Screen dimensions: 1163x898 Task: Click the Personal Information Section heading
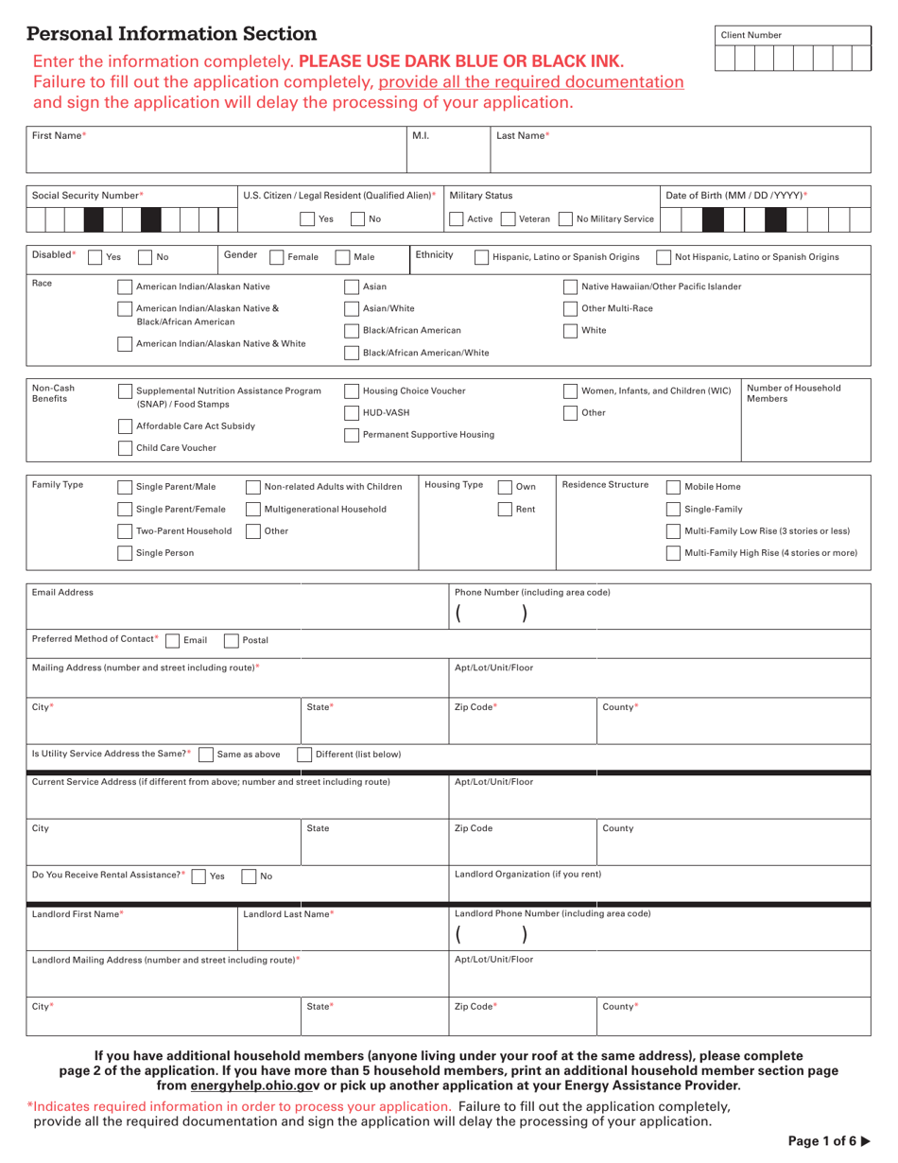pyautogui.click(x=172, y=34)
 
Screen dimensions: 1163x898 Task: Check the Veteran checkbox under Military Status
pyautogui.click(x=509, y=219)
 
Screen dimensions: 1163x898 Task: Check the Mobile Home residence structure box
pyautogui.click(x=673, y=487)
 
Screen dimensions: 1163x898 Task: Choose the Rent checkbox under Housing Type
pyautogui.click(x=506, y=510)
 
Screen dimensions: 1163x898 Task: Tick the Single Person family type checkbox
pyautogui.click(x=125, y=553)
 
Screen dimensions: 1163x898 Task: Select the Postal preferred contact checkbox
pyautogui.click(x=232, y=640)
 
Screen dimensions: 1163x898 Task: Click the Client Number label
pyautogui.click(x=751, y=35)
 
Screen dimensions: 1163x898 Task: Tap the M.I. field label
pyautogui.click(x=421, y=136)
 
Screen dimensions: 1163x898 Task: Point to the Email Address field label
pyautogui.click(x=63, y=593)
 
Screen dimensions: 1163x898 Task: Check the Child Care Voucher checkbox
pyautogui.click(x=125, y=448)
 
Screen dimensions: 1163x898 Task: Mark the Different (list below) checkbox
pyautogui.click(x=304, y=755)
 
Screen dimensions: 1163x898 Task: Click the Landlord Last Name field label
pyautogui.click(x=288, y=914)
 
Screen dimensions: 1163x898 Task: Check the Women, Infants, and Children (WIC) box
pyautogui.click(x=570, y=391)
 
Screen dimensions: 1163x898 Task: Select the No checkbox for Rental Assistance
pyautogui.click(x=249, y=877)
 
